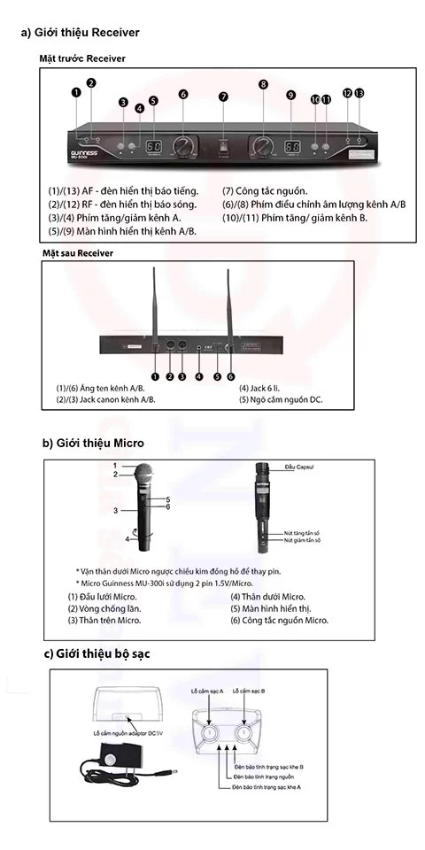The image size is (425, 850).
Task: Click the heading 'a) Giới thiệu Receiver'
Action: (x=81, y=33)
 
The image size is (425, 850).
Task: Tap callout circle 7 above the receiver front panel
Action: (x=224, y=97)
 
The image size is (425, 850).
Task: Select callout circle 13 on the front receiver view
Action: (x=359, y=93)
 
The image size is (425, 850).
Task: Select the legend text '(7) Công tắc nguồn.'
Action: (x=265, y=190)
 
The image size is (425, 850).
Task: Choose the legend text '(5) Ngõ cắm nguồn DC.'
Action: (x=281, y=400)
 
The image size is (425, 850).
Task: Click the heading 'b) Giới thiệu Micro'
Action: (x=93, y=443)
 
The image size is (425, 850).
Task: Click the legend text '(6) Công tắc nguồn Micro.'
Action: (x=279, y=621)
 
